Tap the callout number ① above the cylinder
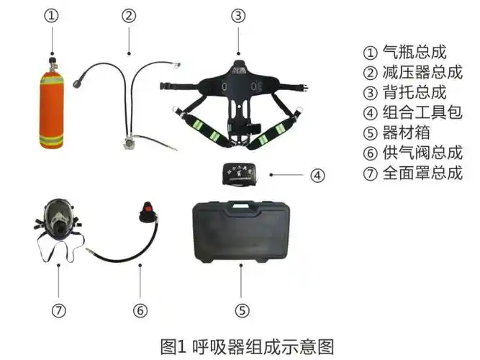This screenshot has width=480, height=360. click(51, 14)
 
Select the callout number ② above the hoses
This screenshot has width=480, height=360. click(130, 14)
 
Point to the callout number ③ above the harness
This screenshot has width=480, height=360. click(240, 14)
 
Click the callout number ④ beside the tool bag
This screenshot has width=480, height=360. click(318, 174)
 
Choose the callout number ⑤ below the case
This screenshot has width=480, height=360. click(243, 310)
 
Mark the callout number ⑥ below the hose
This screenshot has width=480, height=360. click(140, 310)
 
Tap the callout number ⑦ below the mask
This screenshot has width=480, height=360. click(60, 310)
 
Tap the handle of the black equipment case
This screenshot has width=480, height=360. click(241, 207)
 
